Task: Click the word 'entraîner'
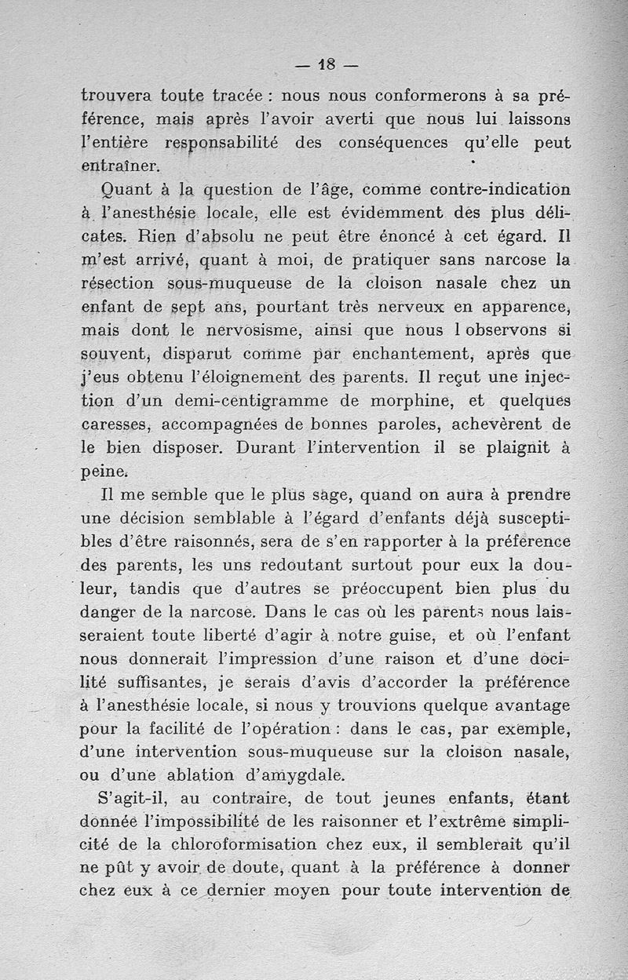click(120, 166)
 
